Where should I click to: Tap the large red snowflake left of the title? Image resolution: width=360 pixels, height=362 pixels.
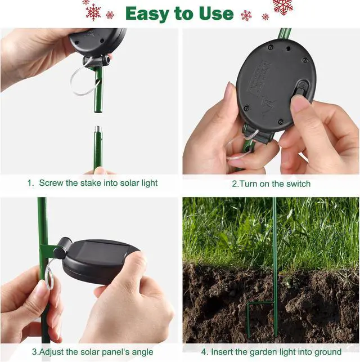pos(93,11)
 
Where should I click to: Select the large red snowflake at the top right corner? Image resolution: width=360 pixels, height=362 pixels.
pos(283,6)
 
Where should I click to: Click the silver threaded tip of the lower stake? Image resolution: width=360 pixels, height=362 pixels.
pos(96,131)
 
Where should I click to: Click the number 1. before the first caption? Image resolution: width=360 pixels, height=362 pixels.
pos(30,183)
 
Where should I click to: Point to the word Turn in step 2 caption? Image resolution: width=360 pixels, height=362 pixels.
pos(249,184)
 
